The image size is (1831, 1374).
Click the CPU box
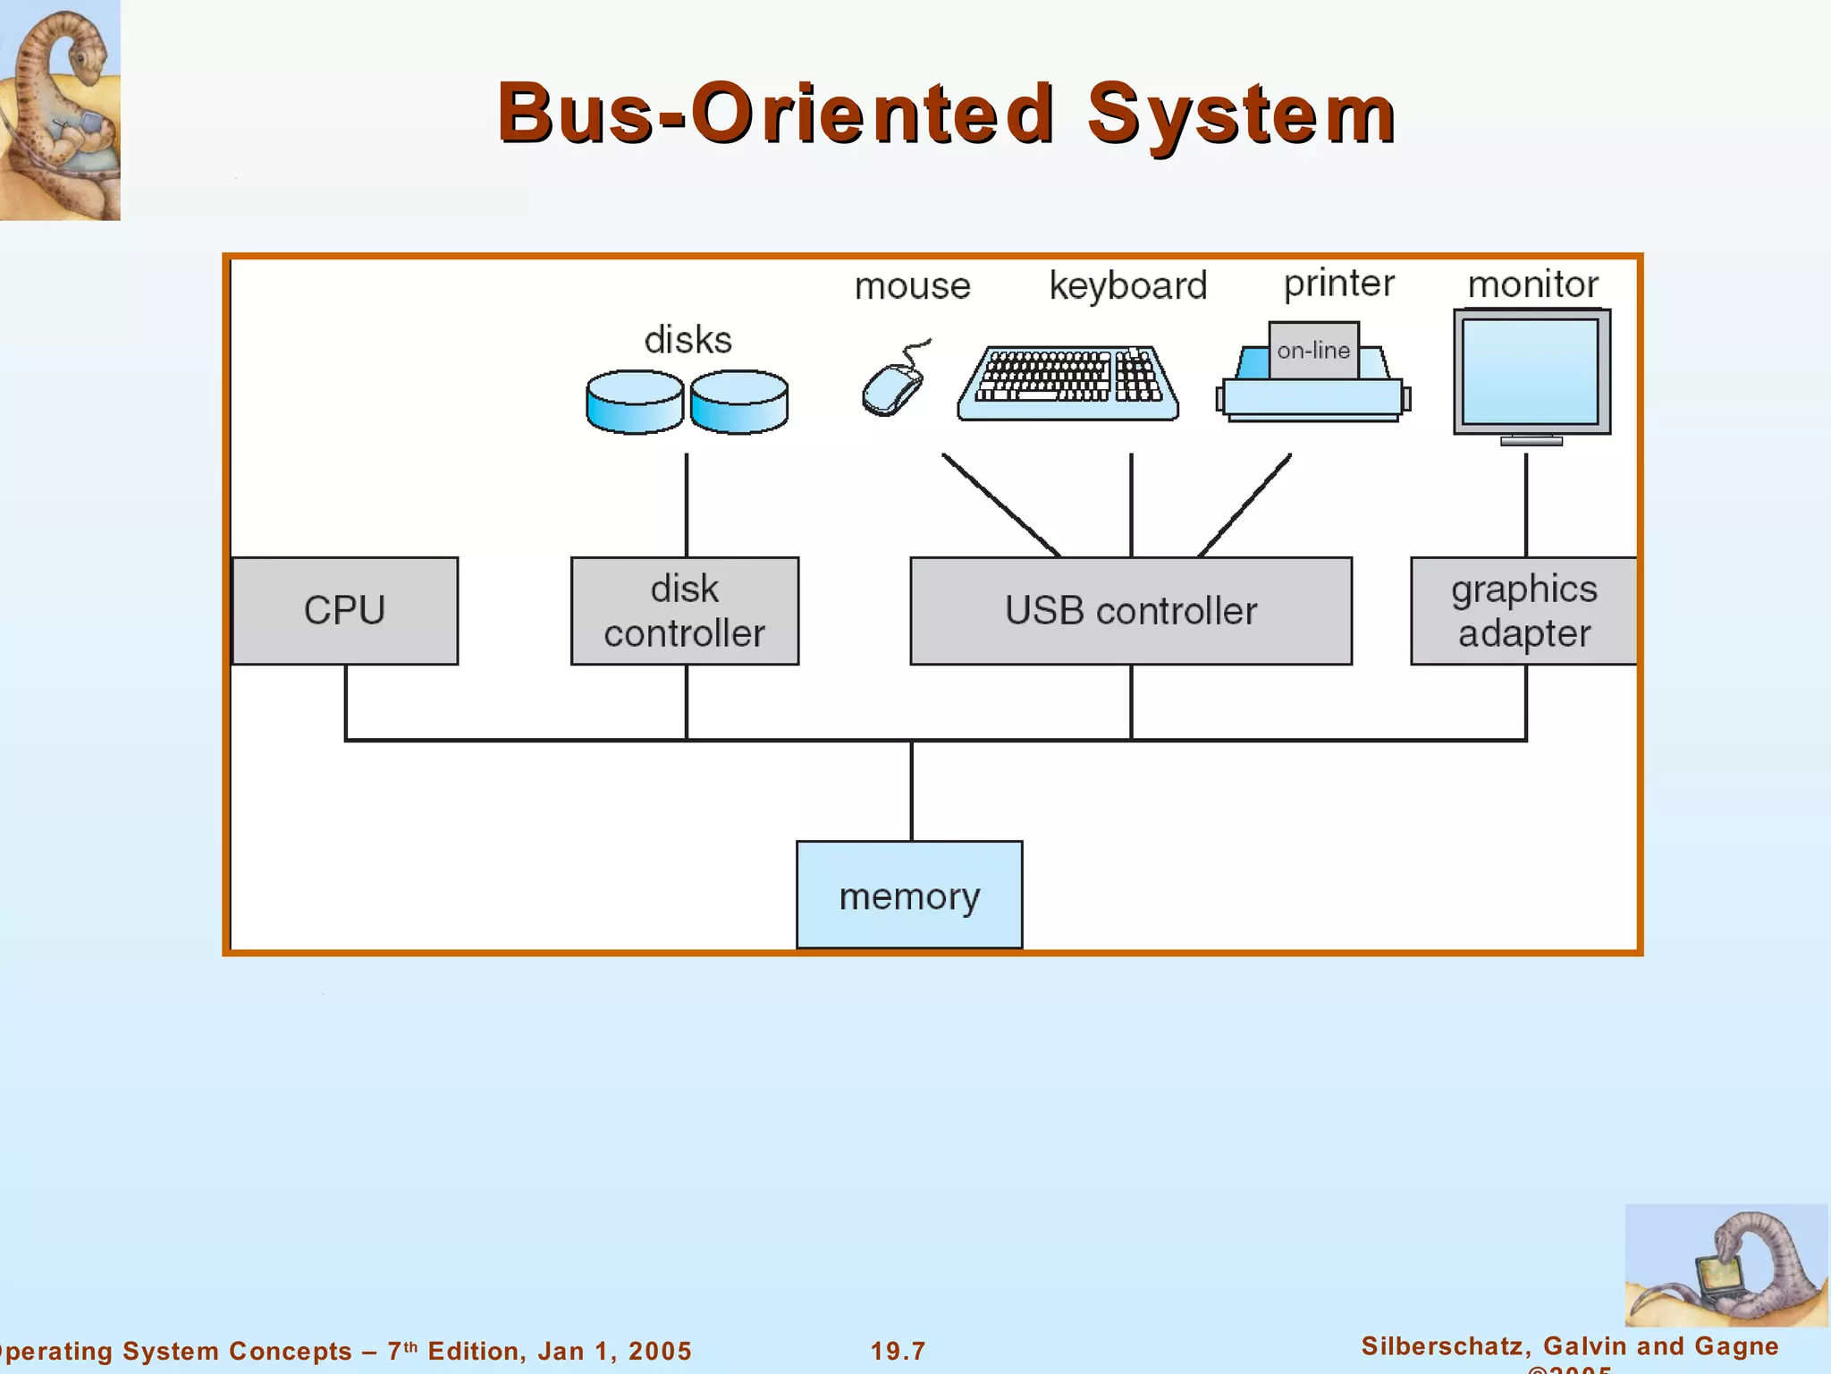click(345, 611)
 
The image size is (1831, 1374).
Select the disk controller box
click(685, 611)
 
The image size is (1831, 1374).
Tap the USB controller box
click(1131, 611)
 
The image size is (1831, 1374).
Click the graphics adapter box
click(1523, 611)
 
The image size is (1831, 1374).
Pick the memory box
click(909, 895)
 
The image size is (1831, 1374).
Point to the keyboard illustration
click(1067, 383)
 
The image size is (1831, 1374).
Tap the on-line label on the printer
click(1313, 351)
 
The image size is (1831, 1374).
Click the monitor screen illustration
click(1531, 371)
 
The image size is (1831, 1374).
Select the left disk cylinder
click(635, 403)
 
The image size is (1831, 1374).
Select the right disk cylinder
click(739, 403)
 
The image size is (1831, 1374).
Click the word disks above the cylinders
click(688, 340)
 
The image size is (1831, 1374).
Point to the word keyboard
click(1128, 285)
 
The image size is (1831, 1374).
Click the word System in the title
click(1241, 114)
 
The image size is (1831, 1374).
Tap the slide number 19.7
click(899, 1351)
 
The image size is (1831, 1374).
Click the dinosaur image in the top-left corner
click(59, 109)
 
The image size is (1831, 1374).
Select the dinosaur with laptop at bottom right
click(1726, 1266)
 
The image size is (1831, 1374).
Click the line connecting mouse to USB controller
click(1001, 505)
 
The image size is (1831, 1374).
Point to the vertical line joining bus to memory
click(911, 791)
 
